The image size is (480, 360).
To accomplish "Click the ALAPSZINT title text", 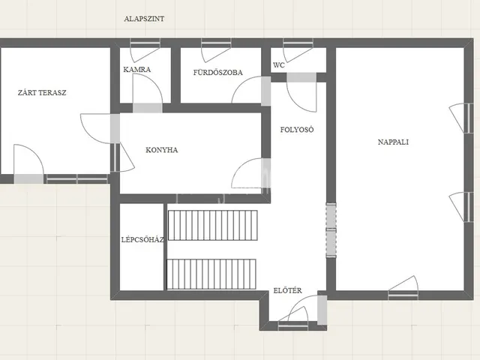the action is point(144,19).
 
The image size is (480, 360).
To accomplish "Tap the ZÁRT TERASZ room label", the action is point(42,92).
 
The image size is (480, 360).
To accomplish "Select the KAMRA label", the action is point(136,70).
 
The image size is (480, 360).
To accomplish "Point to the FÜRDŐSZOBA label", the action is point(217,72).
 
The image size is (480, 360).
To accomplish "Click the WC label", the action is point(278,65).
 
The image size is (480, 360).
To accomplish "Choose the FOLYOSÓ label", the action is point(297,130).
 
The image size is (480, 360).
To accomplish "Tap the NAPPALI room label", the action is point(393,142).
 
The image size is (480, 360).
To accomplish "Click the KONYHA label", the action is point(162,150).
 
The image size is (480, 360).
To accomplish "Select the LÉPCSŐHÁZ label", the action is point(142,239).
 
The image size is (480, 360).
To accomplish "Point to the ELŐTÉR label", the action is point(287,290).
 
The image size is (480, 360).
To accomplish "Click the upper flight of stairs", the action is point(213,225).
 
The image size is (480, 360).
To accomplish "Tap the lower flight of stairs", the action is point(211,274).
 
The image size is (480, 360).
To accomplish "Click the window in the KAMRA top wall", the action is point(145,43).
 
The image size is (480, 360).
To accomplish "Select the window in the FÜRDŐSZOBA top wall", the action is point(216,43).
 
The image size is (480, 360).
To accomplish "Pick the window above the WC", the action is point(298,43).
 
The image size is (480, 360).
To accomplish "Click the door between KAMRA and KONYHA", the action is point(147,108).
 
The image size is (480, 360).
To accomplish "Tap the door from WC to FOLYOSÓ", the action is point(301,77).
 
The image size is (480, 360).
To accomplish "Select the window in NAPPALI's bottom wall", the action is point(403,295).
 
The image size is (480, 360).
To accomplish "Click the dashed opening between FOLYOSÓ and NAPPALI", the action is point(331,230).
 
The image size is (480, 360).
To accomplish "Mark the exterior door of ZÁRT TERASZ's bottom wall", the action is point(28,178).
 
